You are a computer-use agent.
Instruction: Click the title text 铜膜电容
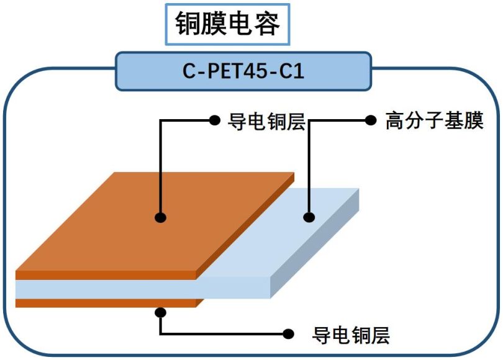pos(227,25)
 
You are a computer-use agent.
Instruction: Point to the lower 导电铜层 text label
pos(351,335)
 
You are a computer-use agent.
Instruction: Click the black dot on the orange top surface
pos(160,217)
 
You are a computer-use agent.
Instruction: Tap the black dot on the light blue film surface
pos(309,217)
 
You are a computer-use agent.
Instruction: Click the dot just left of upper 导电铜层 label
pos(215,120)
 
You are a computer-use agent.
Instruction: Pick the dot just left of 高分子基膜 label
pos(371,120)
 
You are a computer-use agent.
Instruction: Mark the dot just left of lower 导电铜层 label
pos(288,334)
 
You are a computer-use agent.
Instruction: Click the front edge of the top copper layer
pos(106,275)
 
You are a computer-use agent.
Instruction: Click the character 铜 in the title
pos(184,25)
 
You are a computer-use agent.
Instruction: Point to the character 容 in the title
pos(270,25)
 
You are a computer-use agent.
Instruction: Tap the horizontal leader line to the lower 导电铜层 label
pos(224,334)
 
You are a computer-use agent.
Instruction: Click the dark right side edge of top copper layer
pos(245,227)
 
